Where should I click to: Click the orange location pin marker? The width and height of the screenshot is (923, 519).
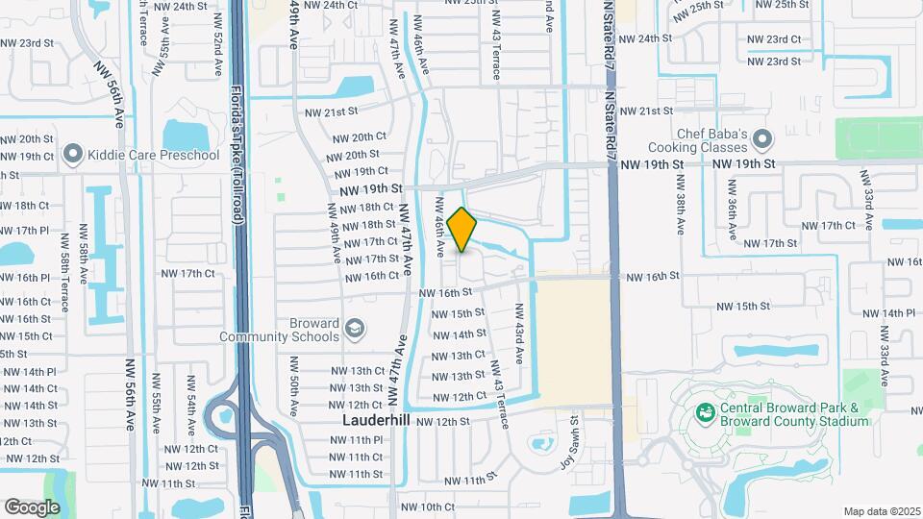(x=462, y=230)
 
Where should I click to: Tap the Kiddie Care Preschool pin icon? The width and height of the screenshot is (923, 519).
(x=71, y=155)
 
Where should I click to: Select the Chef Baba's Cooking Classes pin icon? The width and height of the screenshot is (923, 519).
(x=762, y=139)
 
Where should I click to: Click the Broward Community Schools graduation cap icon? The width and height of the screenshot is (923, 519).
(x=354, y=330)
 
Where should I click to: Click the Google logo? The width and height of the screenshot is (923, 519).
(x=32, y=507)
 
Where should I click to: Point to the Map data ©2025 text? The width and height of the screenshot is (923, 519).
(x=881, y=511)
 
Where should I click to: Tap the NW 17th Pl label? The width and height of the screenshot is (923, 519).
(x=26, y=231)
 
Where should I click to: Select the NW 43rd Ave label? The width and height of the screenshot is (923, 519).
(x=519, y=334)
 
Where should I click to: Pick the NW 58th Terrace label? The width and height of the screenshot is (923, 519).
(x=64, y=282)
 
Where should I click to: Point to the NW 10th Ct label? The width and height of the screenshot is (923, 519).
(x=428, y=507)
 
